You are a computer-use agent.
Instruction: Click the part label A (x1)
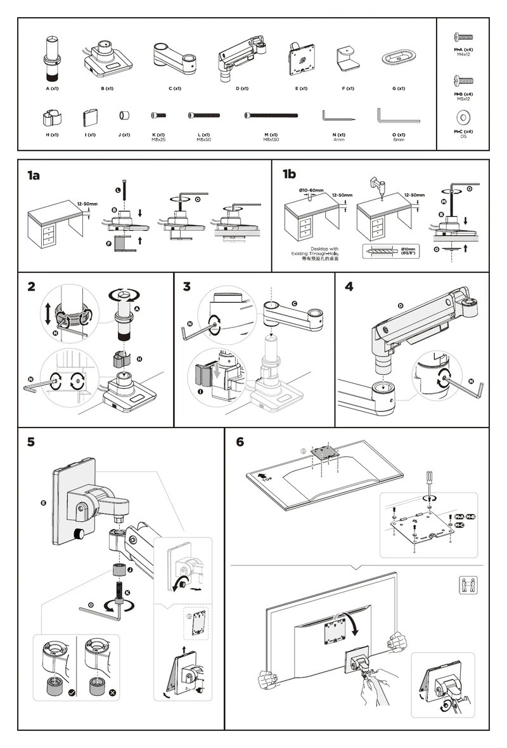tap(52, 89)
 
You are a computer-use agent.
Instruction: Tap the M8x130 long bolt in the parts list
tap(271, 115)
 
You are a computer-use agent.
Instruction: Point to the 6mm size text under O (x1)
tap(399, 139)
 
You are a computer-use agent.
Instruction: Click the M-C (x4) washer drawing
tap(463, 117)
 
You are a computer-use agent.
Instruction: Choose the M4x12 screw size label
tap(463, 55)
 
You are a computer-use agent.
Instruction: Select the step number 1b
tap(289, 174)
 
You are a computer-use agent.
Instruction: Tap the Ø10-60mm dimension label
tap(312, 190)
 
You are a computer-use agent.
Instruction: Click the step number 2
tap(32, 287)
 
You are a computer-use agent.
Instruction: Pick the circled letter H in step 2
tap(139, 360)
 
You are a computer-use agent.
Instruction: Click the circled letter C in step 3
tap(295, 303)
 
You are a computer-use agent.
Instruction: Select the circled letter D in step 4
tap(401, 306)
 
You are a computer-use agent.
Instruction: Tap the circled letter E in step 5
tap(43, 503)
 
